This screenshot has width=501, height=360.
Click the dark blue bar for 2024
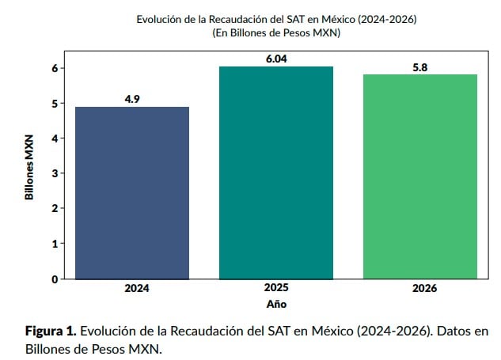(132, 192)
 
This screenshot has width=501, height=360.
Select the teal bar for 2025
(276, 172)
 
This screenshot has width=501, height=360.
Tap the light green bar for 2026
(420, 176)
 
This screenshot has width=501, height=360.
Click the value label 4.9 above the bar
(132, 99)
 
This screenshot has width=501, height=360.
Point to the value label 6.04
(276, 59)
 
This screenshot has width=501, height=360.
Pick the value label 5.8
(420, 66)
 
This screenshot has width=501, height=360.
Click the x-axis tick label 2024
(132, 289)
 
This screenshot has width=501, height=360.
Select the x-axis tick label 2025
(276, 289)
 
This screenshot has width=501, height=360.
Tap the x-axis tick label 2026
(420, 289)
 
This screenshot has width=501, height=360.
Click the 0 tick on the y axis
(55, 279)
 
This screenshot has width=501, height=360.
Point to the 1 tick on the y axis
(55, 244)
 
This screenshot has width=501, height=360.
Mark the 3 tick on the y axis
(55, 173)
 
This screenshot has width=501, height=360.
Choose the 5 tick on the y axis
(55, 103)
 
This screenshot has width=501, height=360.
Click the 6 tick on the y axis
(55, 68)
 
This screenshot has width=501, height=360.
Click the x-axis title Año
(276, 304)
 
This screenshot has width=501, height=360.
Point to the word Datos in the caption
(451, 331)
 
